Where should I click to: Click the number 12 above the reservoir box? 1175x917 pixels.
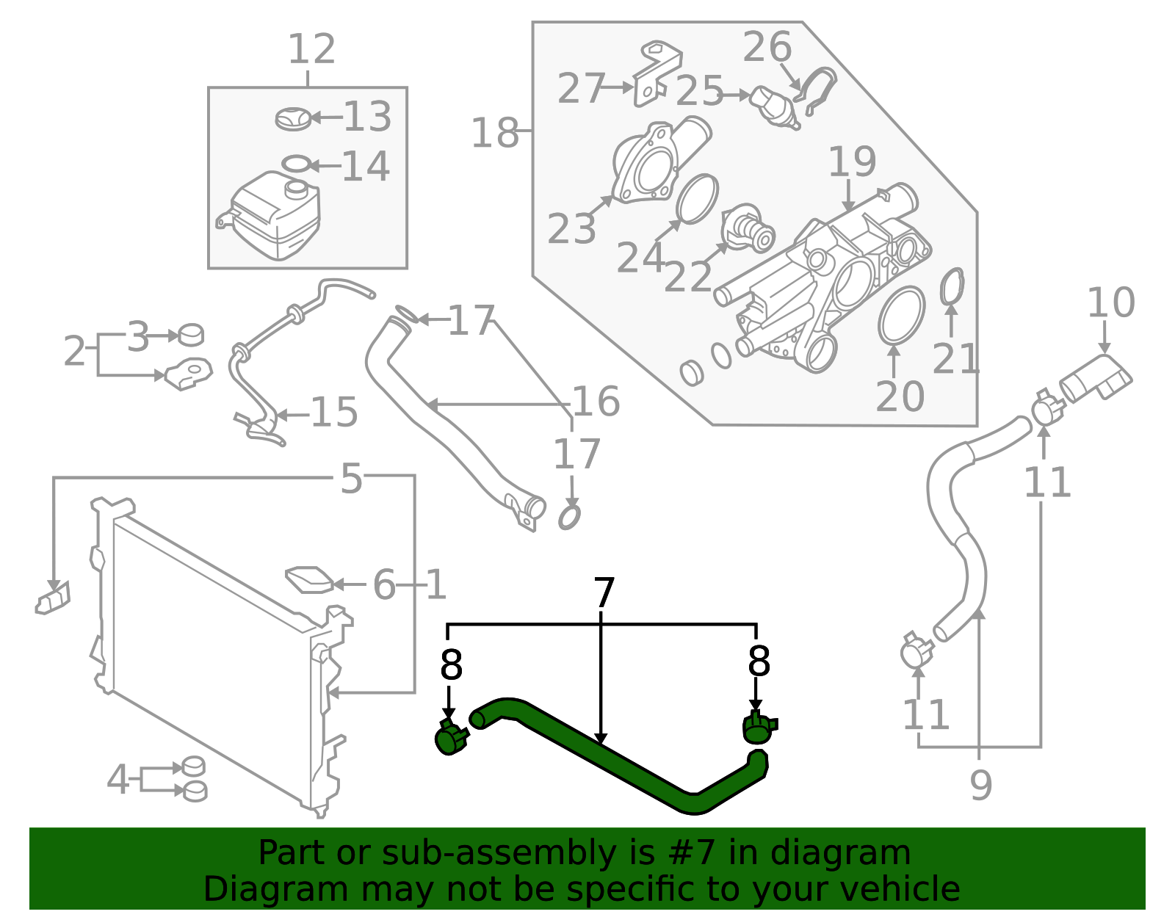[311, 50]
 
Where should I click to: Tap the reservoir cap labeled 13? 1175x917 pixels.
[293, 118]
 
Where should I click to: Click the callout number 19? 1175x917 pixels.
[852, 162]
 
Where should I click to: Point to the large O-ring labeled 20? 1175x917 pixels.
[901, 315]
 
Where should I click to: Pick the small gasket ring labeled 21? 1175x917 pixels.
[952, 286]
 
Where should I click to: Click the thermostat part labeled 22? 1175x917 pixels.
[749, 230]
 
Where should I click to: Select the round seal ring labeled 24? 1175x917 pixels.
[696, 198]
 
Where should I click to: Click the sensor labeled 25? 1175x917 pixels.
[775, 107]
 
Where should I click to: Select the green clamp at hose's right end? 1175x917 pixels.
[758, 728]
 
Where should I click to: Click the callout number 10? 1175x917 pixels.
[1110, 302]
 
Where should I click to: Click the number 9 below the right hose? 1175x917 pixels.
[981, 785]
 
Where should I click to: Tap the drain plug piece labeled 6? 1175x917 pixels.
[309, 579]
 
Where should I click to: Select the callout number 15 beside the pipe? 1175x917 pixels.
[334, 413]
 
